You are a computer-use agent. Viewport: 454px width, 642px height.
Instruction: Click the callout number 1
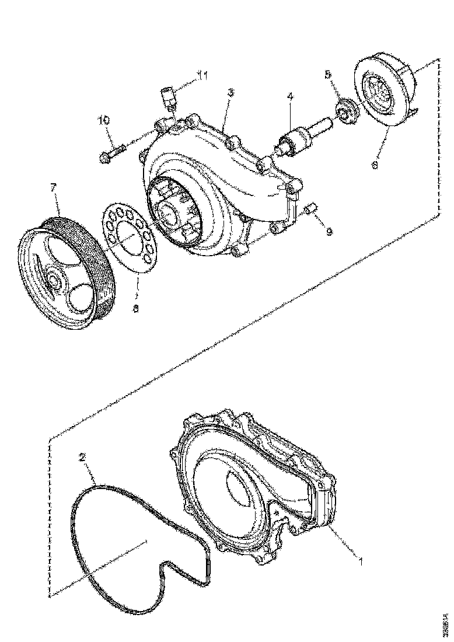point(361,562)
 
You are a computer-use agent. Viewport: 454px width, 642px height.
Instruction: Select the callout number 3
point(231,92)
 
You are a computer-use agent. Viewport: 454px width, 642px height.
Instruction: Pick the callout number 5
point(327,75)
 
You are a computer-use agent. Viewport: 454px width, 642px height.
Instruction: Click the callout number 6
point(375,165)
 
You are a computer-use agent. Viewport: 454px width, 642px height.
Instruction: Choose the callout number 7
point(53,188)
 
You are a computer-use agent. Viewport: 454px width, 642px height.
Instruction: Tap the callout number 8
point(135,309)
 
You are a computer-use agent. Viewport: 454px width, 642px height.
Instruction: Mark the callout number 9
point(329,232)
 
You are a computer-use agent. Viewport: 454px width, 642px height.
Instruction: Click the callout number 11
point(202,75)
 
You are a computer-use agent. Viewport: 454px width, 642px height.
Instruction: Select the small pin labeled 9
point(311,208)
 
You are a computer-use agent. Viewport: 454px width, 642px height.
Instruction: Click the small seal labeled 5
point(345,111)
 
